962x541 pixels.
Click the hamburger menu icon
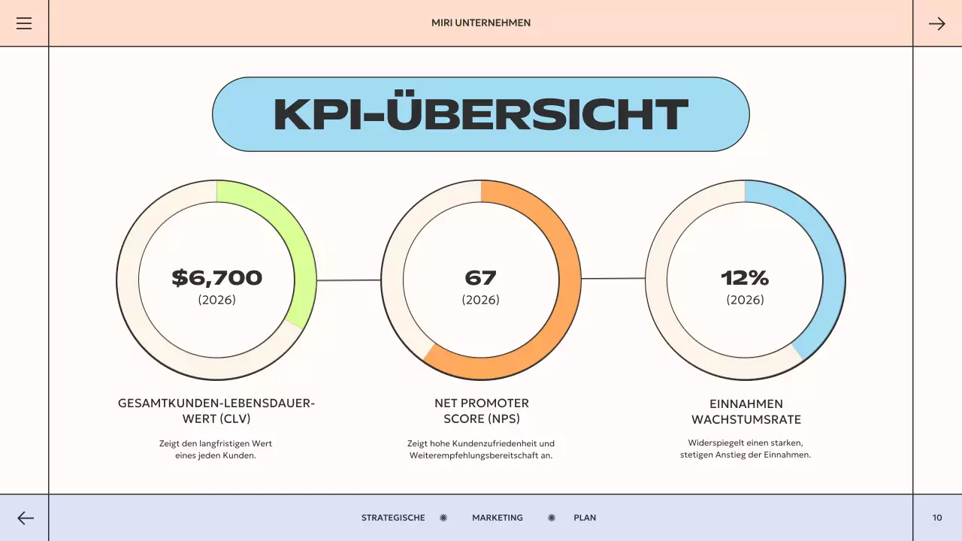pyautogui.click(x=24, y=23)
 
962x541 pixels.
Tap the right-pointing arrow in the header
pyautogui.click(x=936, y=23)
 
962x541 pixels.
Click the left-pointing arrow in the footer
pyautogui.click(x=26, y=518)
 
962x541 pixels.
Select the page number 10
pyautogui.click(x=937, y=518)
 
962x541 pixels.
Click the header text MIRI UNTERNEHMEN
pyautogui.click(x=481, y=23)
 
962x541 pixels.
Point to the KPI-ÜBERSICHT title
pyautogui.click(x=481, y=114)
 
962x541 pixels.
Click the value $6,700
pyautogui.click(x=216, y=278)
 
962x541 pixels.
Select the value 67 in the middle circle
pyautogui.click(x=481, y=278)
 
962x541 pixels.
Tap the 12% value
pyautogui.click(x=745, y=278)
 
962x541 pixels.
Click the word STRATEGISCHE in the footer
pyautogui.click(x=393, y=518)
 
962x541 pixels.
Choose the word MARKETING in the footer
pyautogui.click(x=498, y=518)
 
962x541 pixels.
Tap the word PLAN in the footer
pyautogui.click(x=585, y=518)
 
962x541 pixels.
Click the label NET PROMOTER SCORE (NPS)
pyautogui.click(x=481, y=411)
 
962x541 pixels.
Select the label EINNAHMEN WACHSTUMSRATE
pyautogui.click(x=746, y=412)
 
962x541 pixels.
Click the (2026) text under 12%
pyautogui.click(x=745, y=300)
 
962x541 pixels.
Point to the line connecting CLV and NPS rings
pyautogui.click(x=349, y=280)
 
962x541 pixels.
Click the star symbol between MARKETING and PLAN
pyautogui.click(x=552, y=518)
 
